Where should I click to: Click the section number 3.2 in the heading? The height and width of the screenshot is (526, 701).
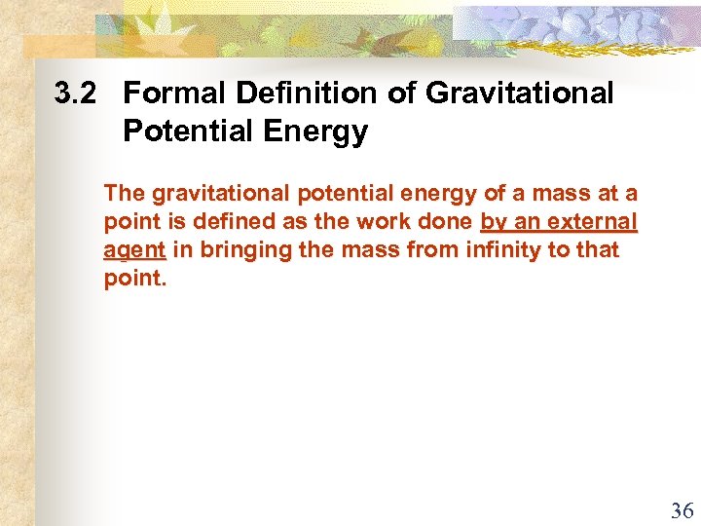tap(78, 94)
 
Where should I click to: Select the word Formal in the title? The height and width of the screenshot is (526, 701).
tap(171, 94)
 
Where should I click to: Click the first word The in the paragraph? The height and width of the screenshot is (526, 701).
tap(124, 194)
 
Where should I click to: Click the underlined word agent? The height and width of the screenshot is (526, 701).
tap(135, 250)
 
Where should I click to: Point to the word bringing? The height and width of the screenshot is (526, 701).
tap(240, 250)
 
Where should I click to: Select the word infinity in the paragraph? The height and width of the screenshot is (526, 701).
tap(502, 250)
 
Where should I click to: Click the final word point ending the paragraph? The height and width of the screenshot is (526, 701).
tap(132, 279)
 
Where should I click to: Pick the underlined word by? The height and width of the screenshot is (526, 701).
tap(493, 222)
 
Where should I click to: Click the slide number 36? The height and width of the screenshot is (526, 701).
tap(682, 510)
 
